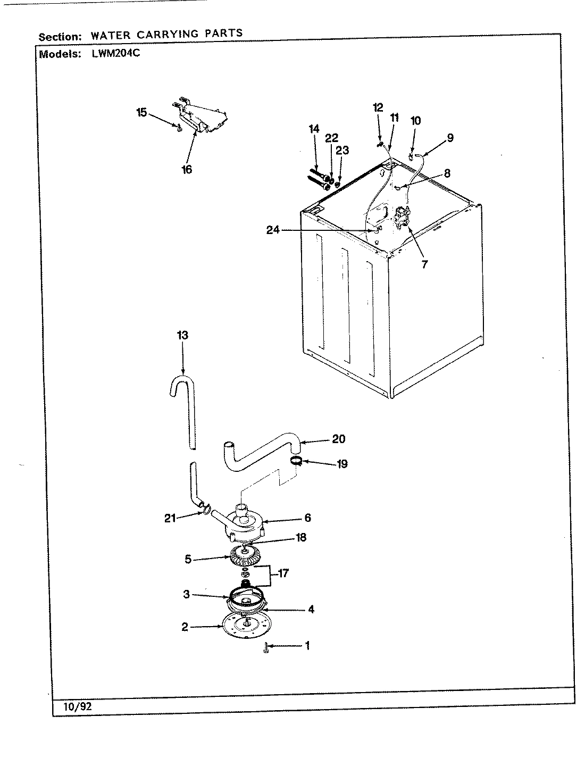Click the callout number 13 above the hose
pyautogui.click(x=182, y=336)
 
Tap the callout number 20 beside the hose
pyautogui.click(x=338, y=439)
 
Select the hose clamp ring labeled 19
pyautogui.click(x=296, y=460)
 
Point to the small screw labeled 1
pyautogui.click(x=265, y=648)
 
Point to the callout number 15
pyautogui.click(x=141, y=112)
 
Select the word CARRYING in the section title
pyautogui.click(x=169, y=35)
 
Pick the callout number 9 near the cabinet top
pyautogui.click(x=450, y=138)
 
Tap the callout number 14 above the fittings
pyautogui.click(x=314, y=128)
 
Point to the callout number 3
pyautogui.click(x=187, y=595)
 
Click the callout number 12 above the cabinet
pyautogui.click(x=378, y=107)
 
